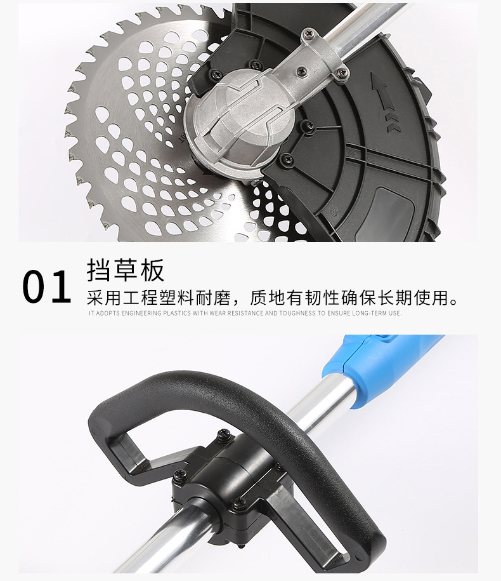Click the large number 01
[x=46, y=287]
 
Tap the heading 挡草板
[x=126, y=270]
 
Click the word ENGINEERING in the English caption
[x=141, y=313]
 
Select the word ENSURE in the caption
[x=338, y=313]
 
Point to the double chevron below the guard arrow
[x=393, y=123]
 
